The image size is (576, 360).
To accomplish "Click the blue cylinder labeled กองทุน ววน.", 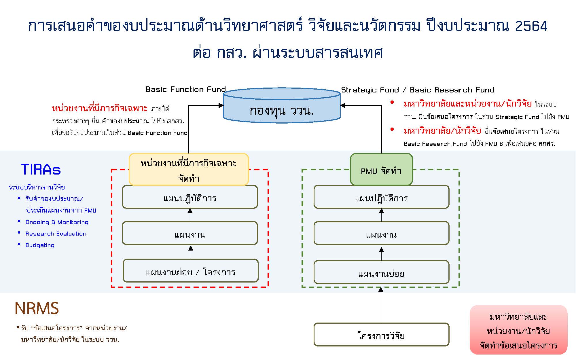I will pos(282,108).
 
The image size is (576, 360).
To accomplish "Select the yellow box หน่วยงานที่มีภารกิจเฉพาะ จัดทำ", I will pos(189,170).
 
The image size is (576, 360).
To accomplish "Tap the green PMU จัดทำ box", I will pos(381,170).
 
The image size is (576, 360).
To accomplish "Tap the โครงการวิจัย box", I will pos(381,335).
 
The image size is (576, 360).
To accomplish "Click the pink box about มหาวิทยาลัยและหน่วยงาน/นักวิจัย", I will pos(518,330).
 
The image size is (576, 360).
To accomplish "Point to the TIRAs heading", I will pos(41,169).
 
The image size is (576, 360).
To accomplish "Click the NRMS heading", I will pos(37,308).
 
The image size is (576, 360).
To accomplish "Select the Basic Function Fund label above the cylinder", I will pos(185,89).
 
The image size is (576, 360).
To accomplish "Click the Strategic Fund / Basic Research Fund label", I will pos(418,90).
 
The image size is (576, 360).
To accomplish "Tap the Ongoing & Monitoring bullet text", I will pos(57,222).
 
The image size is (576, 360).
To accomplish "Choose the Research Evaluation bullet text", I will pos(56,234).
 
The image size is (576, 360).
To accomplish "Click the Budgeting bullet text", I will pos(40,245).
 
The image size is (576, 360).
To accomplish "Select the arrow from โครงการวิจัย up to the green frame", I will pos(381,305).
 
